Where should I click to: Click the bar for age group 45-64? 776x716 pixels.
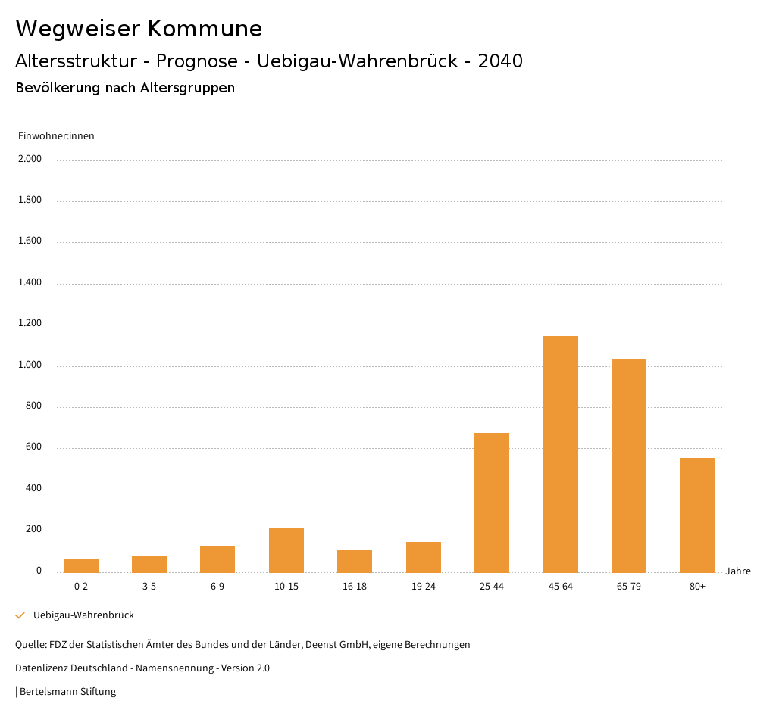click(x=560, y=454)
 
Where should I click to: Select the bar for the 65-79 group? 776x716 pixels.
click(x=628, y=465)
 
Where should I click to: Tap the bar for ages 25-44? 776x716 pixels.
click(x=492, y=503)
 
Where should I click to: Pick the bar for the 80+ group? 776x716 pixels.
click(x=696, y=515)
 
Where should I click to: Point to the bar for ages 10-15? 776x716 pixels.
click(x=286, y=550)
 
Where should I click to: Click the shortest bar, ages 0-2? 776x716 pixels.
click(x=81, y=565)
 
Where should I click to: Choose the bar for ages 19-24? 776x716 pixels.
click(x=424, y=557)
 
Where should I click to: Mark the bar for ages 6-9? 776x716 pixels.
click(x=217, y=559)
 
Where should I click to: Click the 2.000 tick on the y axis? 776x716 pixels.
click(x=30, y=160)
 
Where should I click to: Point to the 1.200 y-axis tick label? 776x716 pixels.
click(x=30, y=324)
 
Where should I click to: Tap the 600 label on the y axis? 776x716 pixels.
click(x=34, y=447)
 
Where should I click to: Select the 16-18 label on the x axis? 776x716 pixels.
click(x=355, y=587)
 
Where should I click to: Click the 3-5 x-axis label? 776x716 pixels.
click(x=149, y=587)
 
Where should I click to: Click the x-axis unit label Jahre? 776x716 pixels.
click(x=737, y=571)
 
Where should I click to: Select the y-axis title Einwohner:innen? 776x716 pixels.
click(x=56, y=136)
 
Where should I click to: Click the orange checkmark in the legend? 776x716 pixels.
click(x=20, y=615)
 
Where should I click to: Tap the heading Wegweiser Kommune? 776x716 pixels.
click(x=139, y=29)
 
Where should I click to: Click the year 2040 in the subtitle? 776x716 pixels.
click(x=500, y=61)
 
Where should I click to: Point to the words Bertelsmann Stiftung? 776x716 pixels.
click(x=67, y=692)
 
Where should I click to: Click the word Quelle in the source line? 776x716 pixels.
click(x=30, y=645)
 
